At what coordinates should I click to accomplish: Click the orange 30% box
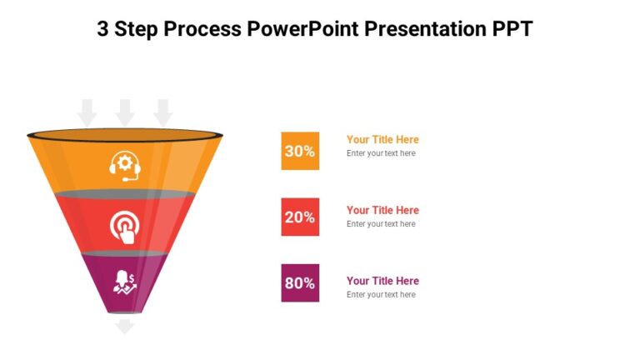click(x=300, y=151)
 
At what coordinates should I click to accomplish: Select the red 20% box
click(x=300, y=217)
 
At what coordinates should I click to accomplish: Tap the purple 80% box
click(x=300, y=282)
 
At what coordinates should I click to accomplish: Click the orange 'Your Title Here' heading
click(x=382, y=139)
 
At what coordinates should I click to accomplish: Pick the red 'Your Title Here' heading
click(x=382, y=210)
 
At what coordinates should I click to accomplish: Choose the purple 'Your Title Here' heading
click(x=382, y=281)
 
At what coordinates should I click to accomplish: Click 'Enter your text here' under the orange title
click(x=381, y=153)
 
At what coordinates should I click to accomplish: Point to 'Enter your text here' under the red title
click(x=381, y=224)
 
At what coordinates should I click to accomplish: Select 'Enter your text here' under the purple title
click(x=381, y=295)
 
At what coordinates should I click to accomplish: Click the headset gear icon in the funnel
click(x=125, y=164)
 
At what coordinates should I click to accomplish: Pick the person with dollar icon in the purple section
click(x=125, y=282)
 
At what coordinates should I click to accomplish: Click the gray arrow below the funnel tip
click(x=125, y=326)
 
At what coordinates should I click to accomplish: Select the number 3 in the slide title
click(x=103, y=29)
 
